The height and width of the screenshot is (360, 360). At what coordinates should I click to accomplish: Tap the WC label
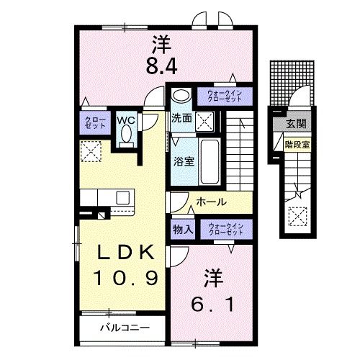(127, 120)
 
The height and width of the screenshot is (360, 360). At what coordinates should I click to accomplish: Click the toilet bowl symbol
(127, 135)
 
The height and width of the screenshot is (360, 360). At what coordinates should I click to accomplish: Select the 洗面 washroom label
(180, 117)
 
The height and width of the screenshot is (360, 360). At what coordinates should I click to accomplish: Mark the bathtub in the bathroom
(210, 162)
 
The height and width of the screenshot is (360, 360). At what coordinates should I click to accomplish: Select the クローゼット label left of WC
(94, 123)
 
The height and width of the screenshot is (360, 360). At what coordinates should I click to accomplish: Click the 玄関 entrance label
(295, 124)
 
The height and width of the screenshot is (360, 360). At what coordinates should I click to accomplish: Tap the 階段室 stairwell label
(296, 143)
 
